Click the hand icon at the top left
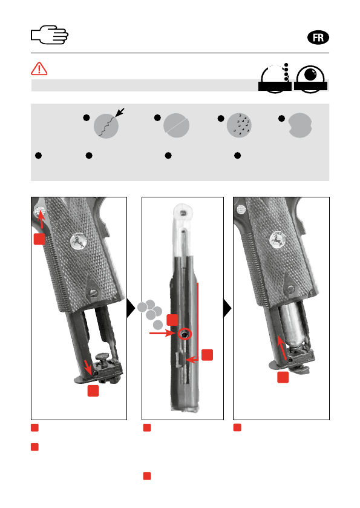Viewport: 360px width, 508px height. coord(50,35)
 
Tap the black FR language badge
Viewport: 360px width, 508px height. coord(318,38)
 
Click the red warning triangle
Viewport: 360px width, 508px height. coord(39,68)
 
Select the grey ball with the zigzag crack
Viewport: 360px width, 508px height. coord(106,126)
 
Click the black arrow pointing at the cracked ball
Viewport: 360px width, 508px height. coord(120,113)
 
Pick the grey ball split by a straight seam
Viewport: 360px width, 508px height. coord(176,125)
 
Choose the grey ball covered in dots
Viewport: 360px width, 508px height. coord(239,125)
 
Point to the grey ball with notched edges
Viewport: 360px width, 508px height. coord(299,125)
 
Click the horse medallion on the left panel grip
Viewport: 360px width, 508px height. coord(78,242)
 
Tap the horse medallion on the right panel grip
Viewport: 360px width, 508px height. coord(278,239)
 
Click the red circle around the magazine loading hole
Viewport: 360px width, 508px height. coord(185,334)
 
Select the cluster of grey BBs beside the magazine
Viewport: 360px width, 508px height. coord(150,313)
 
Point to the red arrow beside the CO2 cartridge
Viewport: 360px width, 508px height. coord(283,348)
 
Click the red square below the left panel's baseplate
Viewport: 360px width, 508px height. coord(93,391)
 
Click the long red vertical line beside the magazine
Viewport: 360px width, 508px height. coord(197,321)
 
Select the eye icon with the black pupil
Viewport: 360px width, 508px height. coord(310,79)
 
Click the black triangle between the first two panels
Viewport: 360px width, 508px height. coord(131,308)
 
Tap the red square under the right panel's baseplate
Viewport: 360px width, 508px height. coord(283,377)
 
